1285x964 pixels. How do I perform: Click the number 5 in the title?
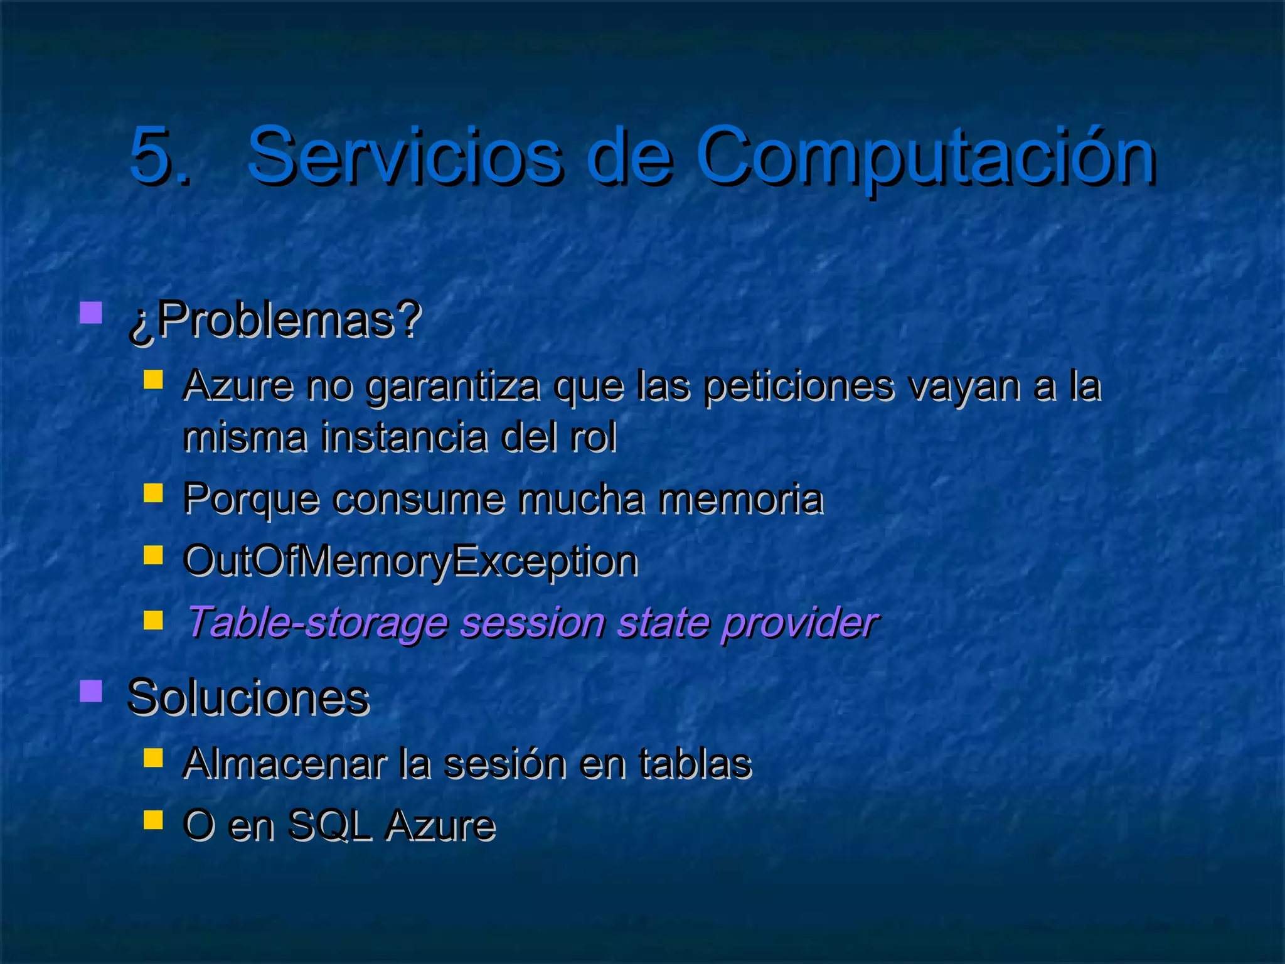(x=151, y=155)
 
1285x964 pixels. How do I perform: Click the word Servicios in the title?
(x=404, y=155)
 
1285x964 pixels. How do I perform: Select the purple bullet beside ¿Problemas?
(x=92, y=313)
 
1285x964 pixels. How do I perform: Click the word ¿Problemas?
(x=274, y=320)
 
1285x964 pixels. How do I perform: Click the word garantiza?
(x=452, y=386)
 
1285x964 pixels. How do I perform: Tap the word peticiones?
(x=797, y=386)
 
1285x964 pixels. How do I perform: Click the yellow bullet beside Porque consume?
(x=153, y=493)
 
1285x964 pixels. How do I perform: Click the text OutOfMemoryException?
(x=410, y=560)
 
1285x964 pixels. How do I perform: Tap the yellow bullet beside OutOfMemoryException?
(x=153, y=555)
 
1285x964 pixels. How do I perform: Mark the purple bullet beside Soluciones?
(x=92, y=691)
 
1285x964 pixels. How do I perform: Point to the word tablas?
(x=695, y=763)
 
